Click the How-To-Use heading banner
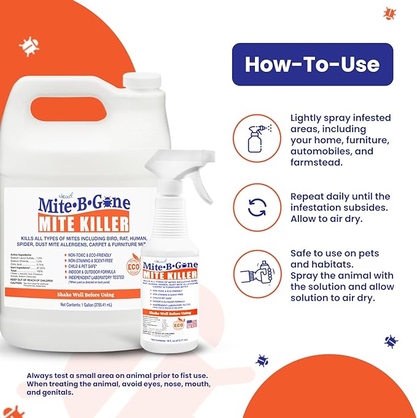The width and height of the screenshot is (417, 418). (312, 64)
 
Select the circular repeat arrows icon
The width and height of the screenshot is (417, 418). (257, 207)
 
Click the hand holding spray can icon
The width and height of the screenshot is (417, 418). (257, 270)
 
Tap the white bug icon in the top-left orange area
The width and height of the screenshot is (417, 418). (29, 45)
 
